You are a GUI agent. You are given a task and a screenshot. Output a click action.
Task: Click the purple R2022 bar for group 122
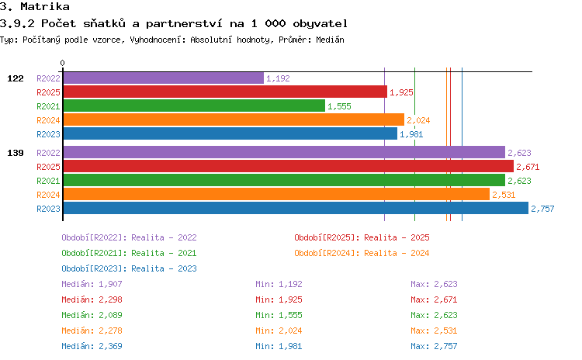(x=163, y=78)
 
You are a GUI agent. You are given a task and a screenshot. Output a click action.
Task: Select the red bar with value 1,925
(x=225, y=92)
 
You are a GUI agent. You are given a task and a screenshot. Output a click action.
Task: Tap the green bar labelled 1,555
(x=194, y=106)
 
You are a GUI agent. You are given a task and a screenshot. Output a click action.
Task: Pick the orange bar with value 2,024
(x=234, y=120)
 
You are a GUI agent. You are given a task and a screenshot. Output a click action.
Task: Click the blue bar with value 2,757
(x=296, y=208)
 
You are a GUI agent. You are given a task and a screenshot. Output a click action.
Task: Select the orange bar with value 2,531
(x=276, y=194)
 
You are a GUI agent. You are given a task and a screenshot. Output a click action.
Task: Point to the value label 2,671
(x=528, y=167)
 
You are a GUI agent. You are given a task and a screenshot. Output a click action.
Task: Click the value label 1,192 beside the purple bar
(x=278, y=78)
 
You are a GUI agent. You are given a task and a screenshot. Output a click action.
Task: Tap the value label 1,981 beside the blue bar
(x=411, y=134)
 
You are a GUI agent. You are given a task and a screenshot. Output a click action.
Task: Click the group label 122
(x=16, y=78)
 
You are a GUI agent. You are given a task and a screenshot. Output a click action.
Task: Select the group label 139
(x=16, y=153)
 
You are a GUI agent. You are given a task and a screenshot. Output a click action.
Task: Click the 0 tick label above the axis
(x=62, y=63)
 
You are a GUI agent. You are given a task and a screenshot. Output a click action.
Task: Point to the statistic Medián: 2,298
(x=92, y=299)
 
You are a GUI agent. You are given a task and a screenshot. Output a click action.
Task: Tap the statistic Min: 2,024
(x=279, y=331)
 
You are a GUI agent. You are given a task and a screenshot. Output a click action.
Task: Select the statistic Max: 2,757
(x=434, y=346)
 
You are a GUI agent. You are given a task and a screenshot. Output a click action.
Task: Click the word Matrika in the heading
(x=45, y=7)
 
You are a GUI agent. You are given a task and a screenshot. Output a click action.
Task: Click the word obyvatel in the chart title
(x=320, y=24)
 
